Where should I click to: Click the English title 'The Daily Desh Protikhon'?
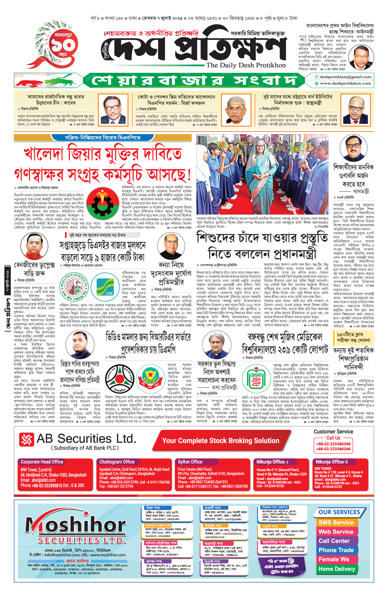point(246,65)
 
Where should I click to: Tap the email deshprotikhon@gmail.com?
point(345,77)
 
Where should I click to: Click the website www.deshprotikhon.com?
point(345,83)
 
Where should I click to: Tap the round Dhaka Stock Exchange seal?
point(76,287)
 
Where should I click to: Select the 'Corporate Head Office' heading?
point(42,462)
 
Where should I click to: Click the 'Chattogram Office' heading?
point(117,462)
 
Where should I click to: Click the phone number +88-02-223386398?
point(333,444)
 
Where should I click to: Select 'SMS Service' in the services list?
point(336,522)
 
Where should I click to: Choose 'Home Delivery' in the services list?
point(337,569)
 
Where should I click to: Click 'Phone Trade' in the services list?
point(336,550)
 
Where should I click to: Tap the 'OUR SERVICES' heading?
point(339,512)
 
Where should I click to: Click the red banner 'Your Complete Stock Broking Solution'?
point(221,441)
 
